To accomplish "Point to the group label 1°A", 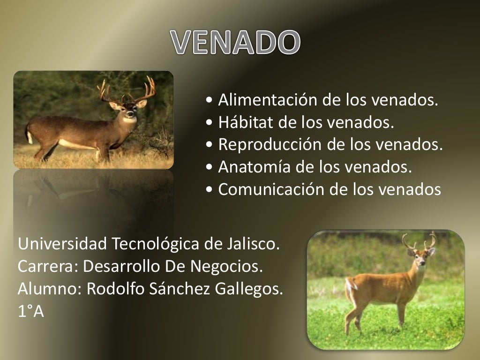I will pyautogui.click(x=31, y=312).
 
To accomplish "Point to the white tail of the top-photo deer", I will pyautogui.click(x=30, y=136).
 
